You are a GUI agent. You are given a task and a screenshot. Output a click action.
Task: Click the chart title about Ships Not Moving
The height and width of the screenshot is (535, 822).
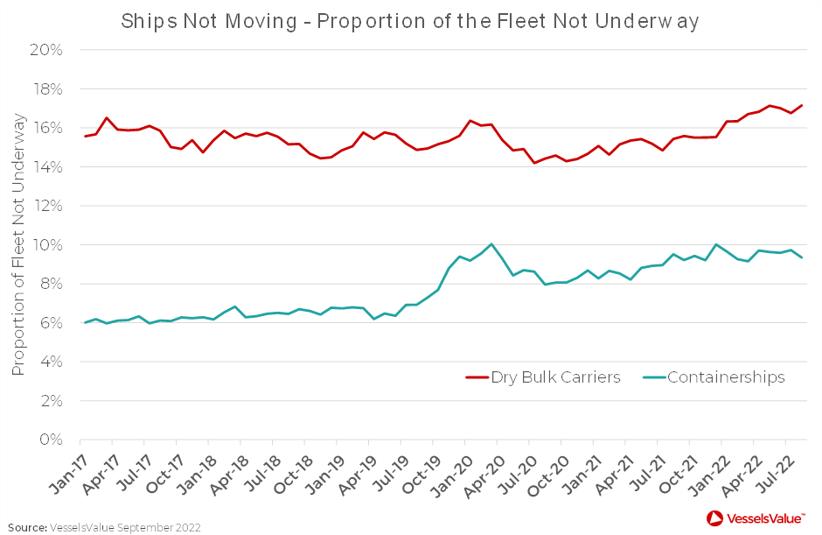click(x=411, y=20)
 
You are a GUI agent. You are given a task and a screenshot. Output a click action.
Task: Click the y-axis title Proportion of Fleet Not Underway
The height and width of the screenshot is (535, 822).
click(x=18, y=244)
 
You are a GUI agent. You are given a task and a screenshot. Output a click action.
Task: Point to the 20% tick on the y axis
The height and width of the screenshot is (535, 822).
click(x=45, y=50)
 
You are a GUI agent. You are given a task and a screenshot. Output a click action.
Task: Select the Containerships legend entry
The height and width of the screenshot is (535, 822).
click(x=726, y=377)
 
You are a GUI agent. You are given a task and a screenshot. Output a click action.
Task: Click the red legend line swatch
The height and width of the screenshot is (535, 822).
click(x=477, y=377)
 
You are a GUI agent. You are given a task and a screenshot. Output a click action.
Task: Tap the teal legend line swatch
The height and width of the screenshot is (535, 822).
click(x=654, y=377)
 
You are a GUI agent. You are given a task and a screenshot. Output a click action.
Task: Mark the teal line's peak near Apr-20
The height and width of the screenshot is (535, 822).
click(x=491, y=243)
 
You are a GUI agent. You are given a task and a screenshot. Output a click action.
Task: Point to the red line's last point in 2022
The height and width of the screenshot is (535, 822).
click(x=802, y=105)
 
